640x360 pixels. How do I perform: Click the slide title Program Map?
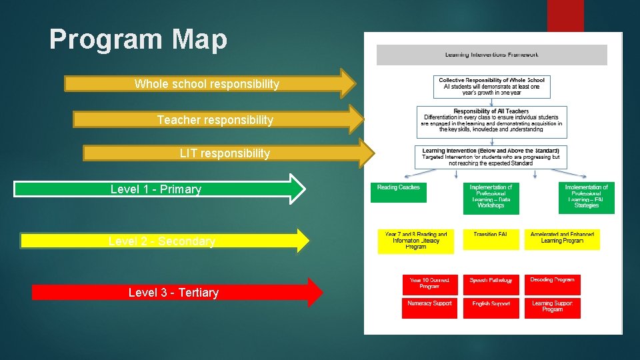[x=138, y=40]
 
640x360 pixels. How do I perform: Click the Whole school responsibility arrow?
[x=207, y=83]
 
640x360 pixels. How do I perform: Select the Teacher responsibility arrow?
[x=215, y=119]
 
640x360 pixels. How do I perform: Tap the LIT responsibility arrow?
[x=225, y=153]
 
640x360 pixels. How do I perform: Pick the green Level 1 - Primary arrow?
[x=156, y=189]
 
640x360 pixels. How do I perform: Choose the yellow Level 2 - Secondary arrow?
[x=162, y=241]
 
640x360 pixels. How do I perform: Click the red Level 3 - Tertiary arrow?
[x=173, y=293]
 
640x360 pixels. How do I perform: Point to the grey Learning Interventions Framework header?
[x=491, y=55]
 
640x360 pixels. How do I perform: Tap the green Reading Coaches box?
[x=399, y=192]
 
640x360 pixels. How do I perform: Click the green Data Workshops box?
[x=491, y=197]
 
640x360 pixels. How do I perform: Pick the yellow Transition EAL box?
[x=491, y=238]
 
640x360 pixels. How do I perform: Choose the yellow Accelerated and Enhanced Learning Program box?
[x=561, y=239]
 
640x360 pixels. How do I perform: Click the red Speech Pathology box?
[x=491, y=284]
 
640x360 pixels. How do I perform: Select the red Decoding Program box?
[x=552, y=284]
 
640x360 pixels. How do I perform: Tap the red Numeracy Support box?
[x=429, y=307]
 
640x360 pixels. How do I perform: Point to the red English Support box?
[x=491, y=307]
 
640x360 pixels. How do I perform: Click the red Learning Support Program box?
[x=552, y=307]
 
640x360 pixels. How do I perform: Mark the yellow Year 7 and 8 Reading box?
[x=415, y=241]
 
